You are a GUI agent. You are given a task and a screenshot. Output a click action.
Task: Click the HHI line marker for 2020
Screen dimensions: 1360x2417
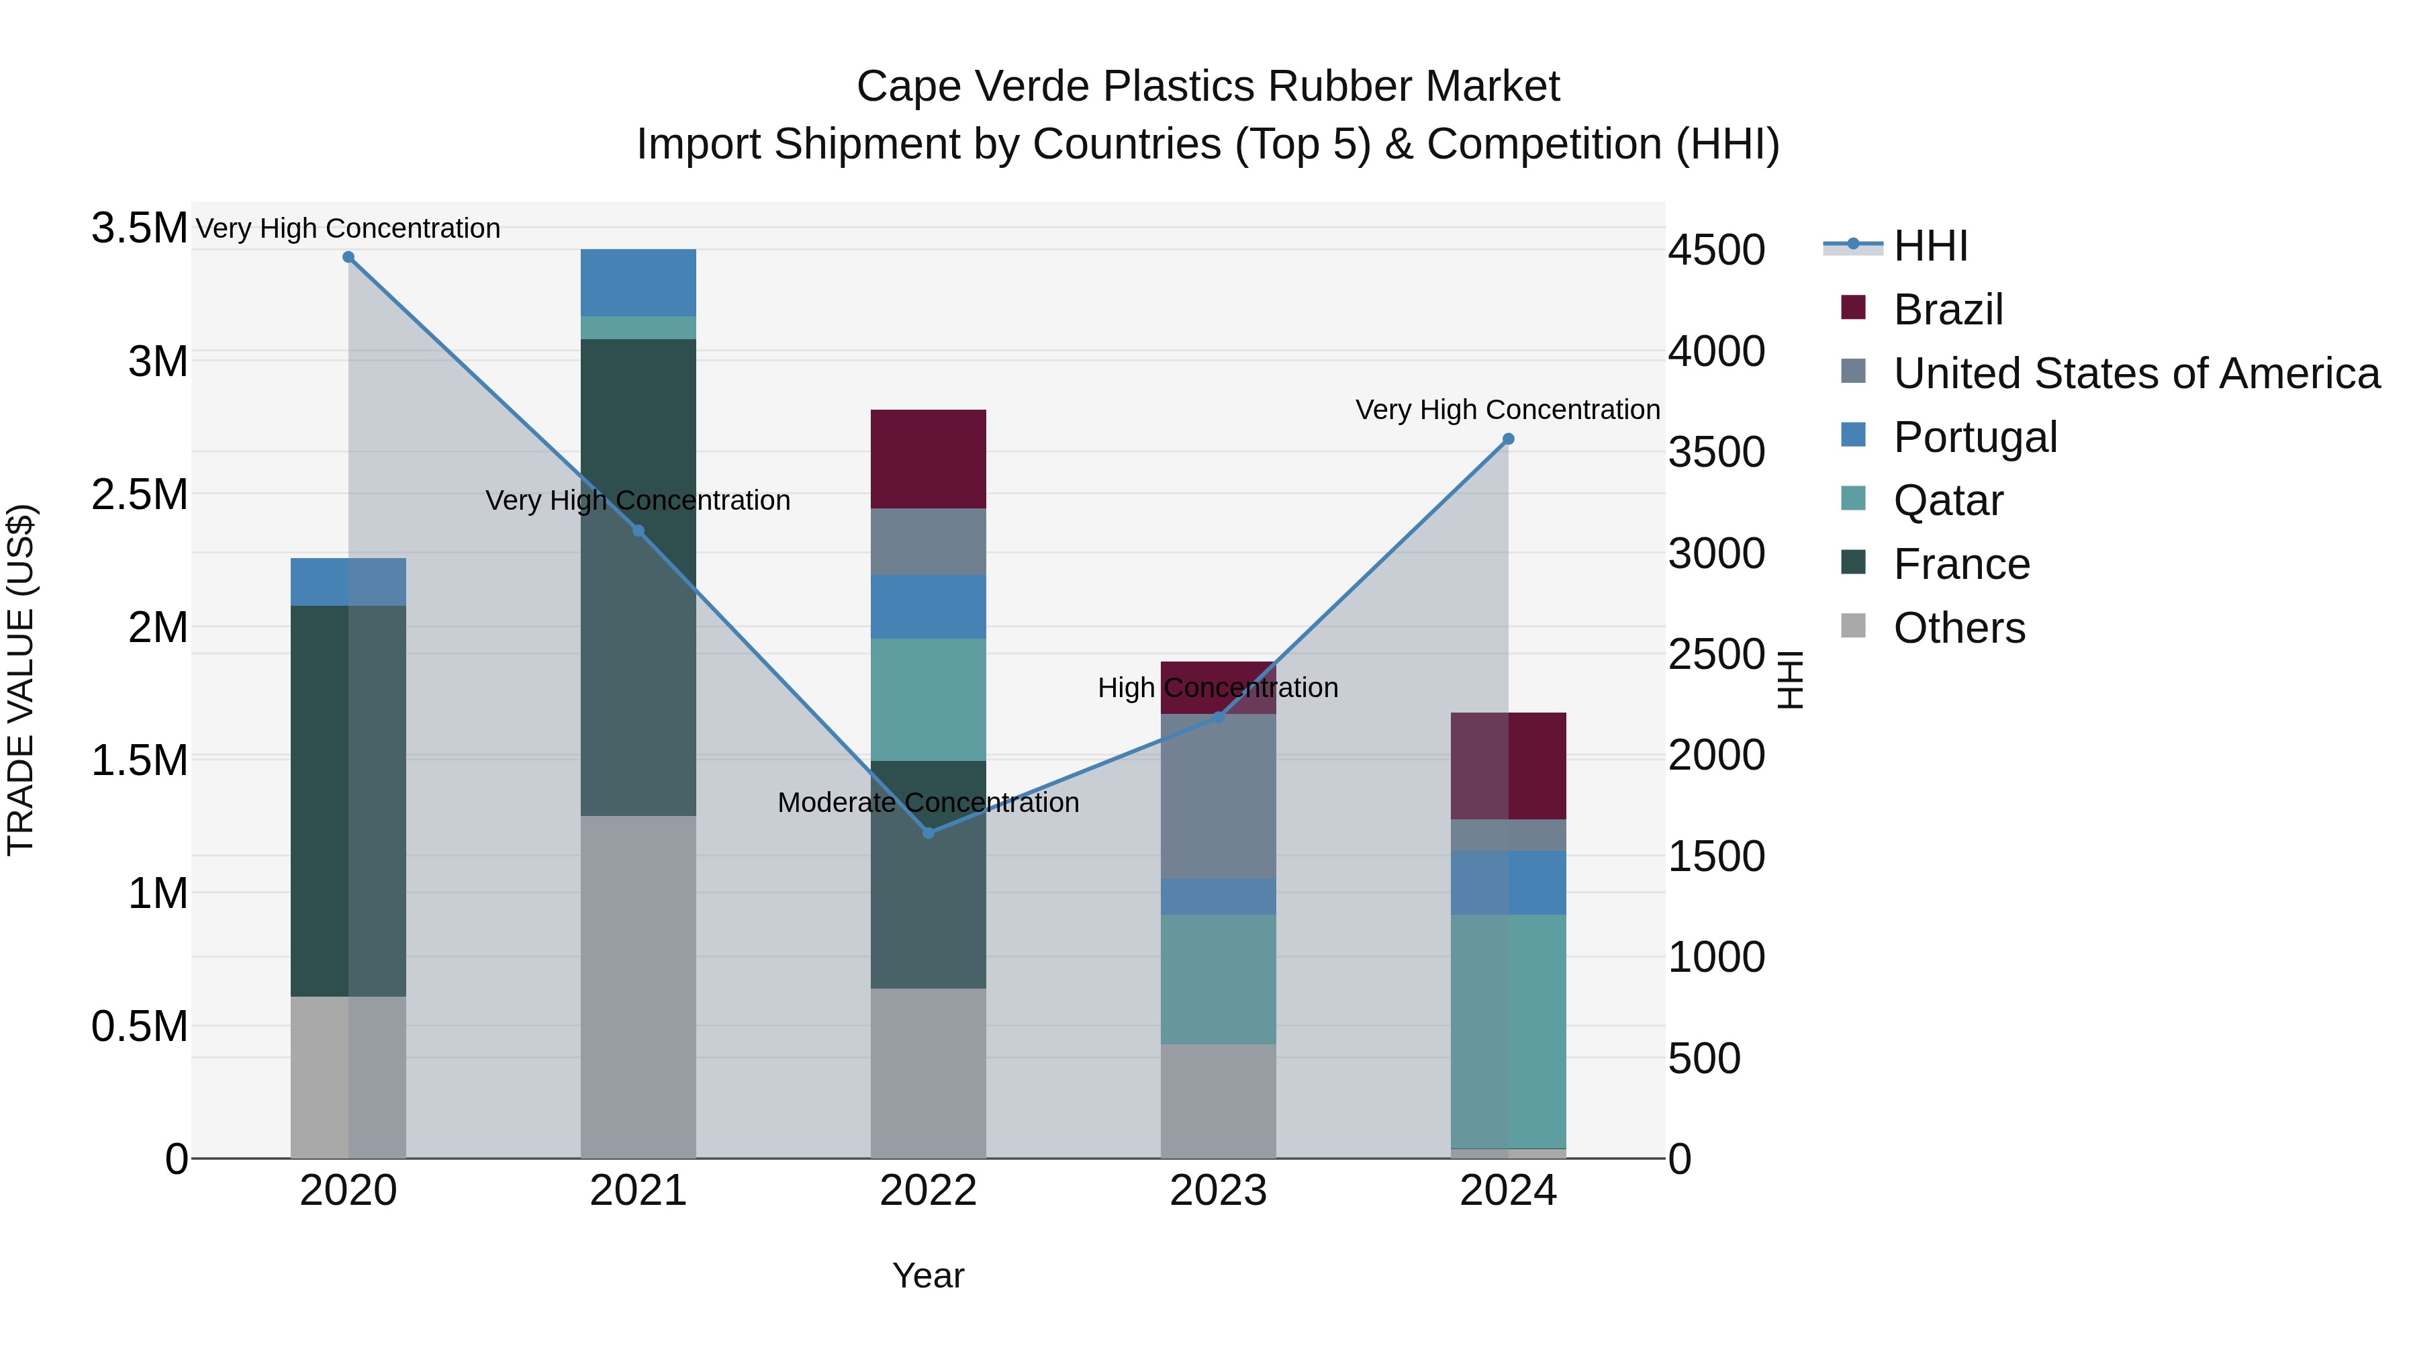[x=348, y=257]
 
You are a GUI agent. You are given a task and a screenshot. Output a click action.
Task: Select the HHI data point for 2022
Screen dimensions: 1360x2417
[x=928, y=833]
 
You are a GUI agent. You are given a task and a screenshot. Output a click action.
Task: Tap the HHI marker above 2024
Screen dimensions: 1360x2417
[x=1508, y=439]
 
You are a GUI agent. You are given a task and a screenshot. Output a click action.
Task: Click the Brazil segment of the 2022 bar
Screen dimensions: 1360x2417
[x=928, y=459]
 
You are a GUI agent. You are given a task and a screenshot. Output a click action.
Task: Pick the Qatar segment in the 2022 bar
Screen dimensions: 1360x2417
[x=928, y=699]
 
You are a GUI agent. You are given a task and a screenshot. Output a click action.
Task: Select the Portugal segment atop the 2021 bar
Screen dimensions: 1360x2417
[x=638, y=281]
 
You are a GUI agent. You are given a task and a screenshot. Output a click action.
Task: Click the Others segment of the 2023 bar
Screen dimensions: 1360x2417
[x=1218, y=1100]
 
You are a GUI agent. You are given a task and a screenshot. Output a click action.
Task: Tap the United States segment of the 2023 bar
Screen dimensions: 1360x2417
[x=1218, y=796]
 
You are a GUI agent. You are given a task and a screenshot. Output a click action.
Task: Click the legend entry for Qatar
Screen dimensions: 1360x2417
[x=1948, y=500]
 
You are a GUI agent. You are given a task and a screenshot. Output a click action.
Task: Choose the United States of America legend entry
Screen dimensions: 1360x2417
[x=2136, y=373]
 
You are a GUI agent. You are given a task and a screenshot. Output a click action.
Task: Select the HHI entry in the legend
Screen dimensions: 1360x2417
[x=1930, y=246]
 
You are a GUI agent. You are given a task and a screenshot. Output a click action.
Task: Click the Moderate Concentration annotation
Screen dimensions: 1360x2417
[x=928, y=803]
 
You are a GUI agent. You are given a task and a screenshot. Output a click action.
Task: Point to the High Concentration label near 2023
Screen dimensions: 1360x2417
[x=1218, y=687]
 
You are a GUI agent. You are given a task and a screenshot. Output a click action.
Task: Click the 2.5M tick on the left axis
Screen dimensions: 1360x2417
[x=139, y=494]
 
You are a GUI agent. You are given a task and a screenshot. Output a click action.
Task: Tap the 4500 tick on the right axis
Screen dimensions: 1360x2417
[x=1716, y=250]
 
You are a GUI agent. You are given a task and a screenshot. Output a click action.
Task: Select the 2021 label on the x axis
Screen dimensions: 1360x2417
[x=638, y=1191]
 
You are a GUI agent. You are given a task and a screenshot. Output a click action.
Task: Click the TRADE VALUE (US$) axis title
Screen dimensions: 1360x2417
[x=21, y=680]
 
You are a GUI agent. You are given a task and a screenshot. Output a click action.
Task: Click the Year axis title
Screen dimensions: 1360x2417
[x=928, y=1275]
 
